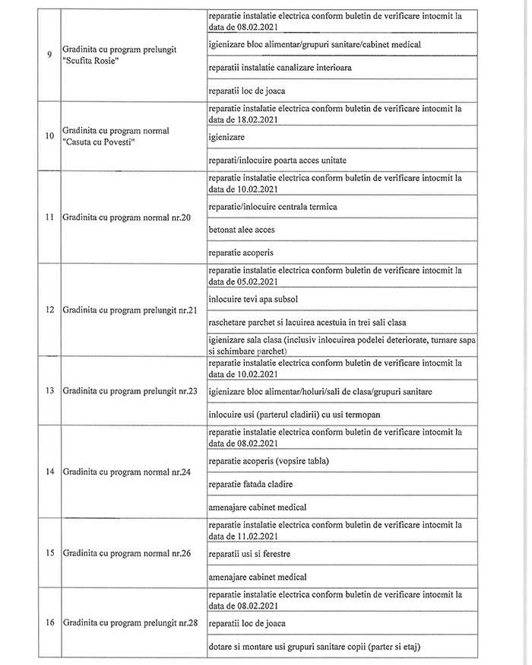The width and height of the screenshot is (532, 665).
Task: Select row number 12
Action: tap(49, 310)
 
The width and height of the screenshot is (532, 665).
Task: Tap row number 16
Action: tap(49, 623)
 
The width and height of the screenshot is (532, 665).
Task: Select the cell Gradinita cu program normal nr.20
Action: tap(128, 218)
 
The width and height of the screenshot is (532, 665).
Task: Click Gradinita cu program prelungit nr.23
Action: tap(131, 390)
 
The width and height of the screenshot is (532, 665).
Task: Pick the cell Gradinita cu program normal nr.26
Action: tap(128, 552)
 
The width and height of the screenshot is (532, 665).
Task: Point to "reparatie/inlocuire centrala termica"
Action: tap(272, 206)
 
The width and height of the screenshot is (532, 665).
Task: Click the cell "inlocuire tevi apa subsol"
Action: tap(254, 298)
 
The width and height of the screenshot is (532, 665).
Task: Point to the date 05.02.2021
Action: tap(255, 282)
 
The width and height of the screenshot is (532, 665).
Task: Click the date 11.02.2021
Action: tap(255, 536)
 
